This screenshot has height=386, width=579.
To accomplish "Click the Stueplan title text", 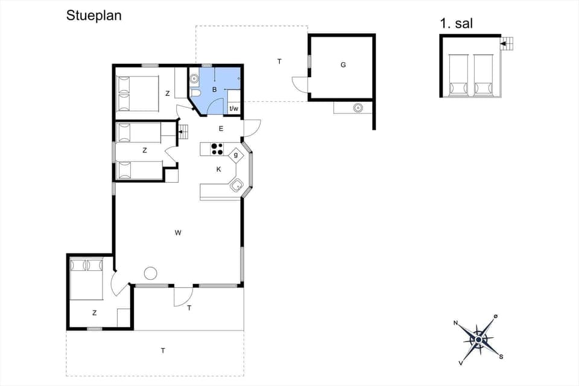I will (93, 16).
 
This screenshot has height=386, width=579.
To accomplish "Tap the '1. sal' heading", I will (457, 24).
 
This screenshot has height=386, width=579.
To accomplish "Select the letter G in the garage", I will (343, 65).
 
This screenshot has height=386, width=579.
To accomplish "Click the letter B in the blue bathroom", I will (214, 90).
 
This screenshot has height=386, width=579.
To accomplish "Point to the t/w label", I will (234, 109).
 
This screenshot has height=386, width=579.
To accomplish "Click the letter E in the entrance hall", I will (221, 128).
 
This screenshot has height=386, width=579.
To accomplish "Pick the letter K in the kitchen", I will (219, 169).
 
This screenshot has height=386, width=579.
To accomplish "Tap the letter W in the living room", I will (178, 232).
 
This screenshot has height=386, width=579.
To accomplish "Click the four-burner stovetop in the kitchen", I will (217, 148).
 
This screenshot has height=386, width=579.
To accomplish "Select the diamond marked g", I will (236, 155).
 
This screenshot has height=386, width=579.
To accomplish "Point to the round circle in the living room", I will (150, 273).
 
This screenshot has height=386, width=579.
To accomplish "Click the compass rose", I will (478, 340).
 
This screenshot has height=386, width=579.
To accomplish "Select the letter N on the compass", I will (456, 323).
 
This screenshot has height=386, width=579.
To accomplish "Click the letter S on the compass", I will (501, 356).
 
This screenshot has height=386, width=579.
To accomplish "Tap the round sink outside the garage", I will (358, 108).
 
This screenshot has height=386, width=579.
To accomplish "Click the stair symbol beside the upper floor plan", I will (508, 43).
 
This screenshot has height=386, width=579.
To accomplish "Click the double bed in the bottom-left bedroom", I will (88, 278).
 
